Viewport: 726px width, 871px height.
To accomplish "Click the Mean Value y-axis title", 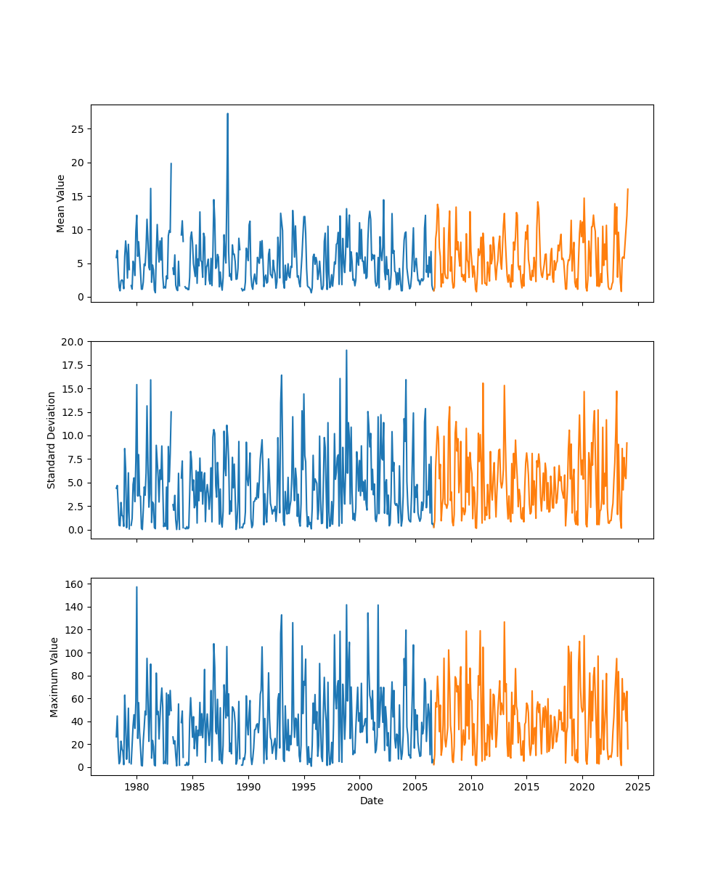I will click(x=61, y=203).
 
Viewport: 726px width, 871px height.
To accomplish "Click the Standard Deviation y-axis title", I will click(x=52, y=440).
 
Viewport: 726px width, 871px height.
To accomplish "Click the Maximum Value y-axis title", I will click(x=54, y=676).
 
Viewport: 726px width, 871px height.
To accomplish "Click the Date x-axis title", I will click(x=372, y=801).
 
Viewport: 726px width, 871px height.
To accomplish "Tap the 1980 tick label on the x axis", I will click(x=136, y=787).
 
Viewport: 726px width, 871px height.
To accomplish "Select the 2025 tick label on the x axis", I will click(x=637, y=787).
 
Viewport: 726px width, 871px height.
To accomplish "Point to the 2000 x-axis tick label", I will click(x=359, y=787).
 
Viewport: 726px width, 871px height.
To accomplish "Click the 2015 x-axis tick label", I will click(x=526, y=787).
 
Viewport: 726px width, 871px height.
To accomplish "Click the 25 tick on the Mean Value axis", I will click(x=77, y=129).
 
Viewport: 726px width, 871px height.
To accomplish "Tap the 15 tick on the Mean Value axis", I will click(x=77, y=197).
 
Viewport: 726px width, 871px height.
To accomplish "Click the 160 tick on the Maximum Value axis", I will click(x=74, y=584).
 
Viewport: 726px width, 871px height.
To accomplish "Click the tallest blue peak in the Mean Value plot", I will click(x=227, y=114).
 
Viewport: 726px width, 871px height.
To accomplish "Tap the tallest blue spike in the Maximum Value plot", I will click(x=136, y=587).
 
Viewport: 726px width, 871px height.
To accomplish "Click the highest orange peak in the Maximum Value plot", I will click(x=504, y=622).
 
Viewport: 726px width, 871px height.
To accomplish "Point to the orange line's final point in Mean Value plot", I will click(x=628, y=189).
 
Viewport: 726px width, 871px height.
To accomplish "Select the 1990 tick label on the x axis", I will click(x=248, y=787).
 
